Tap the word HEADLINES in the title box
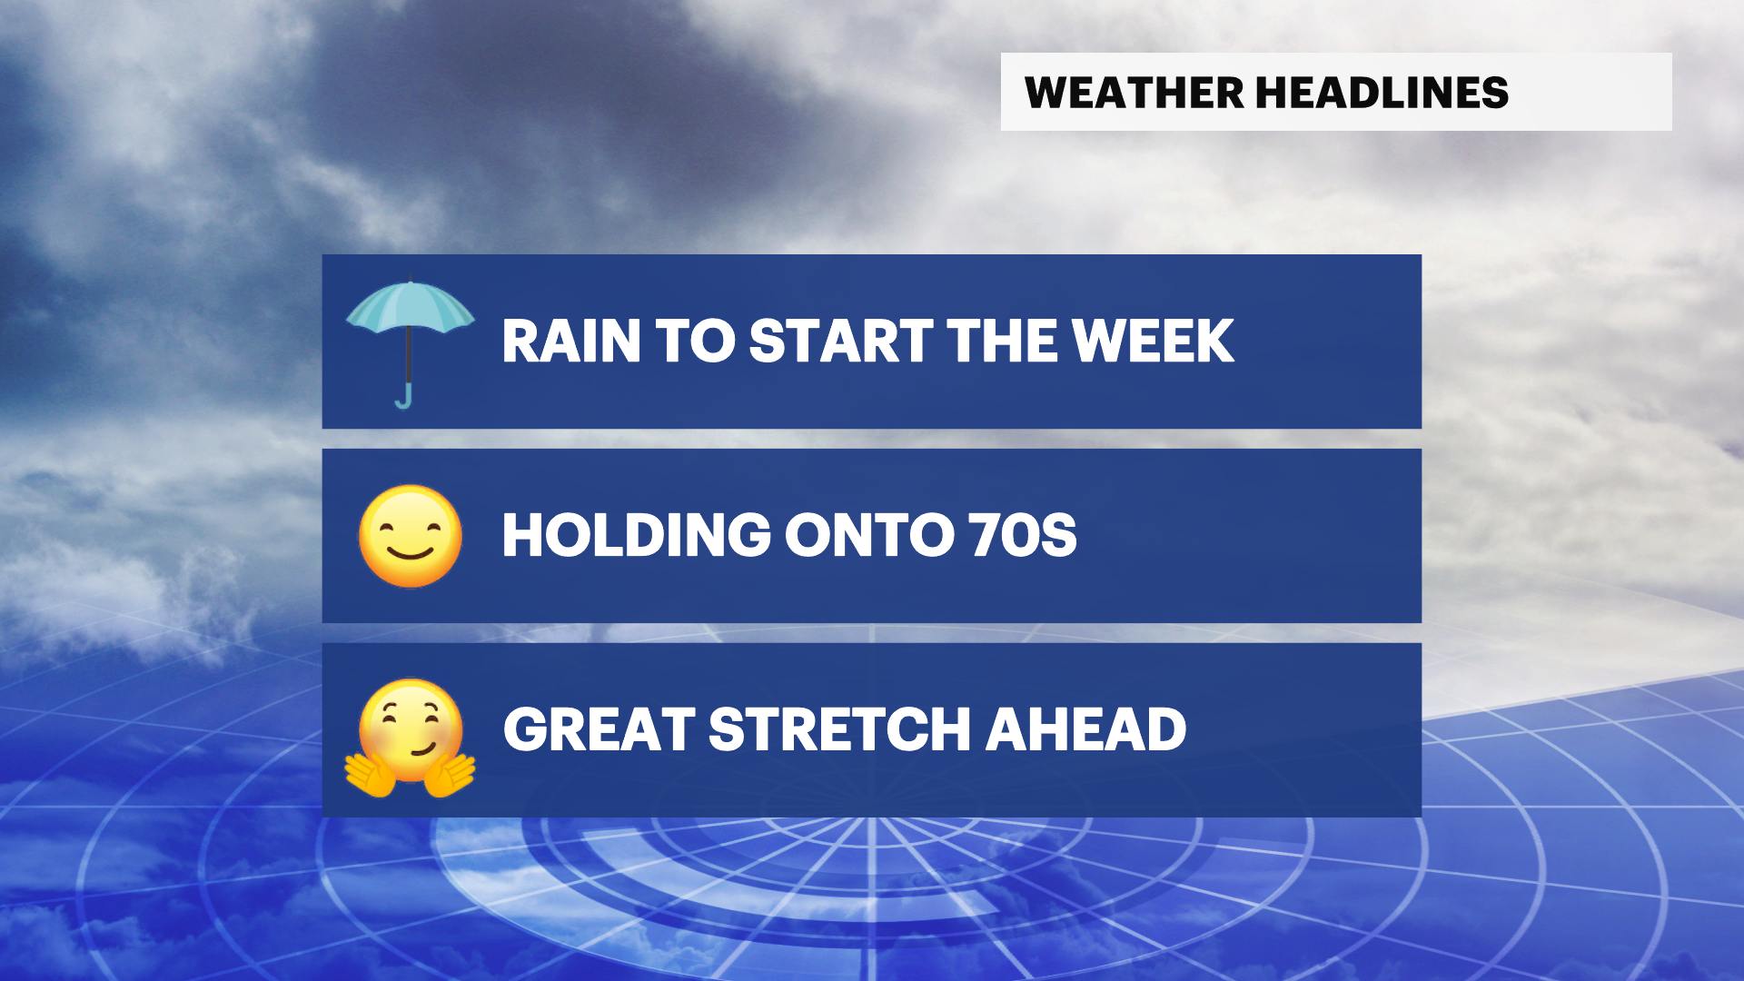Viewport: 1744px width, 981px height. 1382,93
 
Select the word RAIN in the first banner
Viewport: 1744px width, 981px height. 571,342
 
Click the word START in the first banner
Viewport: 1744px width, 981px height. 841,342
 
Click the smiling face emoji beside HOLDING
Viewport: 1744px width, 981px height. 411,536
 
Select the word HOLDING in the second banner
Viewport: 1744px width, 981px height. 637,535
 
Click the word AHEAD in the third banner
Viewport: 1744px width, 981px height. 1086,729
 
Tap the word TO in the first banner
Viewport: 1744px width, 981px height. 695,342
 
